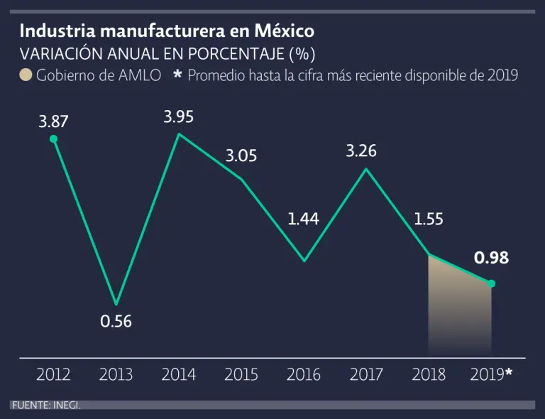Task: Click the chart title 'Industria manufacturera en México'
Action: point(167,32)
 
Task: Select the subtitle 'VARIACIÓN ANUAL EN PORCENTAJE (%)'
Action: point(167,54)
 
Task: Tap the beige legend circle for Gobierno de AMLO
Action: point(26,75)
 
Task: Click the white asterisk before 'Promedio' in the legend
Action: point(178,74)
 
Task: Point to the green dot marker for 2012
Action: point(53,139)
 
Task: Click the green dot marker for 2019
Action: point(491,283)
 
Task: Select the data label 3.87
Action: point(53,121)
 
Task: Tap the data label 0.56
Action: point(116,321)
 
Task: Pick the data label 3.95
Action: point(179,116)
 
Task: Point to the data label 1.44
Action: point(304,219)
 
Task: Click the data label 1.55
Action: point(429,219)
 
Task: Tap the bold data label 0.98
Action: point(491,258)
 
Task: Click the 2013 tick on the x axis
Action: point(116,374)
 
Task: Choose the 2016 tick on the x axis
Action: point(304,374)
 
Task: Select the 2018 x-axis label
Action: point(429,374)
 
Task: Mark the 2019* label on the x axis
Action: point(491,374)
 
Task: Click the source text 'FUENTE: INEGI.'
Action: point(45,405)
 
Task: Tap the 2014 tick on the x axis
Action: point(179,374)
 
